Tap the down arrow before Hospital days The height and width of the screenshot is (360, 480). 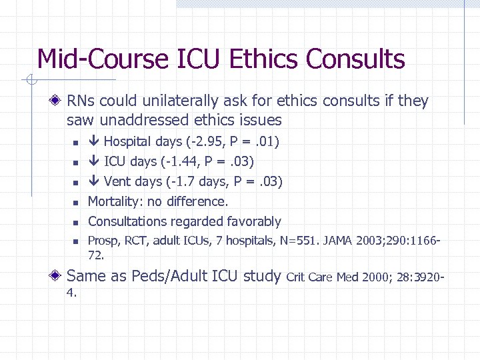coord(94,141)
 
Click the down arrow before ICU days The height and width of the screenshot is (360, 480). coord(94,161)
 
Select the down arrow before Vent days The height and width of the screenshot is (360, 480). coord(94,181)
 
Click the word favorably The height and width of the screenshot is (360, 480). coord(254,221)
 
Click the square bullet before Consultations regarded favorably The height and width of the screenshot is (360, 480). coord(76,222)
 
